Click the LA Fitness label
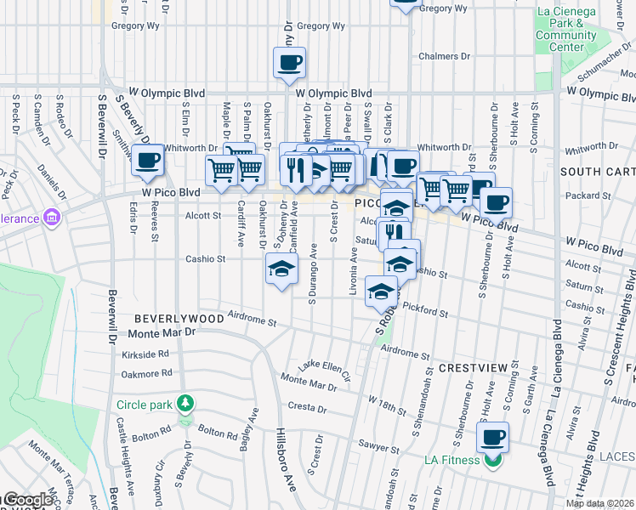coord(453,461)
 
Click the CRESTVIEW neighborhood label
coord(473,368)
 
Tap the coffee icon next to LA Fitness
coord(492,439)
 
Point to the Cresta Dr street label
coord(308,406)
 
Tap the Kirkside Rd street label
coord(145,353)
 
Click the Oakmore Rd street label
coord(146,373)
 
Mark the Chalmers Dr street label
coord(444,57)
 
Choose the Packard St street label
coord(582,195)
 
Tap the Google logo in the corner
coord(27,500)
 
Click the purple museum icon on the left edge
coord(52,218)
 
